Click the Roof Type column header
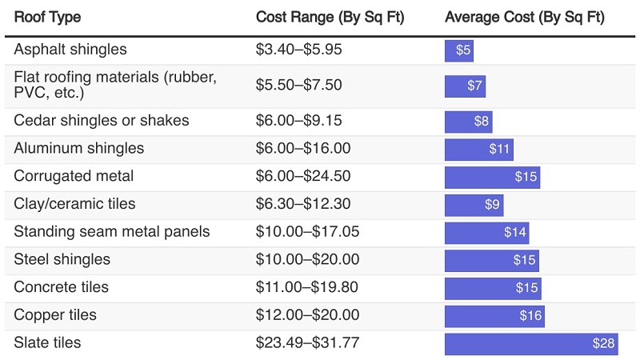47,17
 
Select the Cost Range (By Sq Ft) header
330,17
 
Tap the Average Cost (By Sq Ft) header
524,17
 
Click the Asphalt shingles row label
70,50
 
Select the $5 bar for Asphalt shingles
459,50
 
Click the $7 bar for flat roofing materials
465,86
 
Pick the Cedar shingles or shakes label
102,121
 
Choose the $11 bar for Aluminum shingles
479,150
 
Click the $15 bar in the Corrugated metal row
492,177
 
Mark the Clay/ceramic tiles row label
75,204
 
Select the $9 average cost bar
474,205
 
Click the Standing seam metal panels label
112,232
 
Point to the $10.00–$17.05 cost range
307,232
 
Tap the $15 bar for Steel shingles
492,260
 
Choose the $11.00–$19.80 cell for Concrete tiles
307,287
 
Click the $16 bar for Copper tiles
494,316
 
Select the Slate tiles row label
47,343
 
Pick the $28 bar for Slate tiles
531,344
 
